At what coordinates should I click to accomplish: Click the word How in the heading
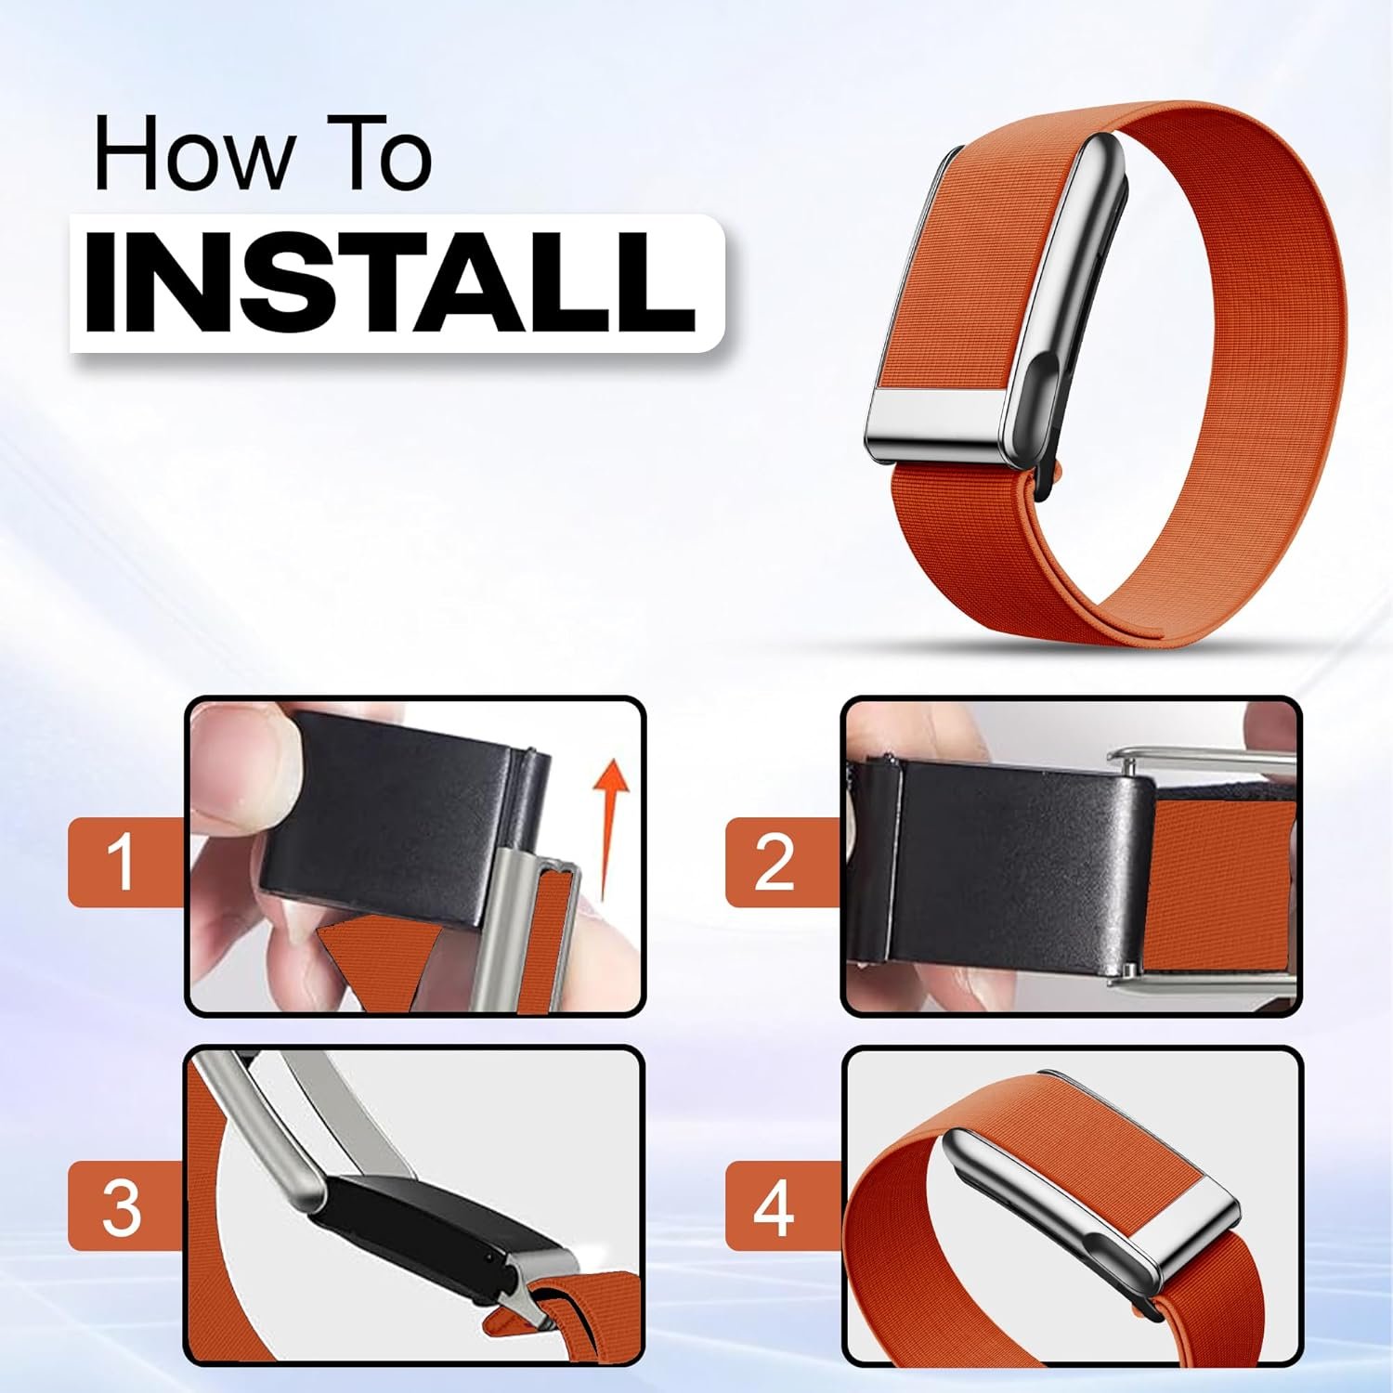190,155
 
